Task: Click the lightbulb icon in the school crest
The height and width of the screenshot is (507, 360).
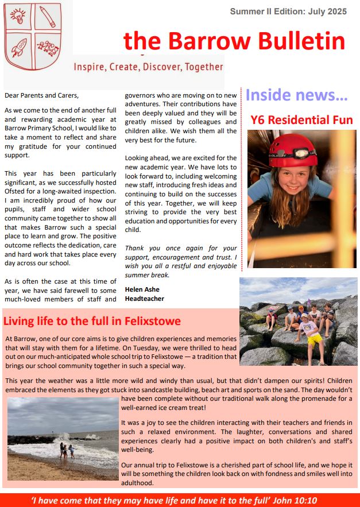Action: [x=18, y=16]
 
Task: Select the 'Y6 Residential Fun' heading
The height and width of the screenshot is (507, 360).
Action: [x=301, y=120]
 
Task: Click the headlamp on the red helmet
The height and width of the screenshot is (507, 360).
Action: [x=303, y=153]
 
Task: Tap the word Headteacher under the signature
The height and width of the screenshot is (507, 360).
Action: [x=144, y=299]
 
